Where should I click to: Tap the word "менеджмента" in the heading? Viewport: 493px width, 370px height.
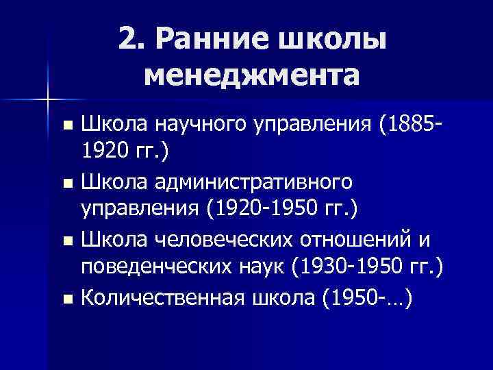251,73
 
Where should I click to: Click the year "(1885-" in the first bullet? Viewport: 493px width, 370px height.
408,125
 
